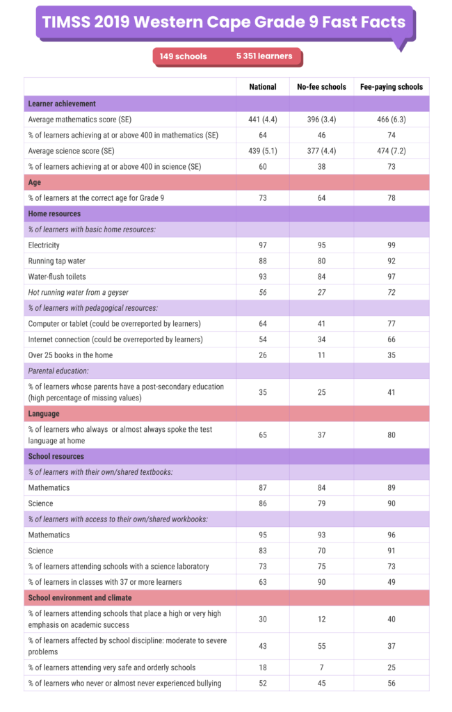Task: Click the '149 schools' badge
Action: click(x=183, y=56)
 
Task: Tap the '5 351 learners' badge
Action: click(x=264, y=56)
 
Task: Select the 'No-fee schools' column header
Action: click(x=321, y=87)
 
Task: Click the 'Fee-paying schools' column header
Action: click(x=391, y=87)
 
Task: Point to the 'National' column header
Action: click(x=263, y=87)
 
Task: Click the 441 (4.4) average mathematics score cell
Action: click(x=263, y=119)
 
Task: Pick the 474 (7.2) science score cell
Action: click(x=391, y=150)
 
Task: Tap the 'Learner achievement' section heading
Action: click(x=62, y=104)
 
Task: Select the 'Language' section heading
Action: click(x=44, y=414)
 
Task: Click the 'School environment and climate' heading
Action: click(x=79, y=597)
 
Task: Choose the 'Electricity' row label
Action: click(x=44, y=245)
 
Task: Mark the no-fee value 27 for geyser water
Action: click(x=321, y=292)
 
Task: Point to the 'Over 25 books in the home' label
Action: click(x=70, y=355)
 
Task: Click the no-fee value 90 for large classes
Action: click(x=321, y=581)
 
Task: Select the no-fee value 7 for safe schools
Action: click(x=321, y=667)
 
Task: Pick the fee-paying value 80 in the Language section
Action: click(x=391, y=435)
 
